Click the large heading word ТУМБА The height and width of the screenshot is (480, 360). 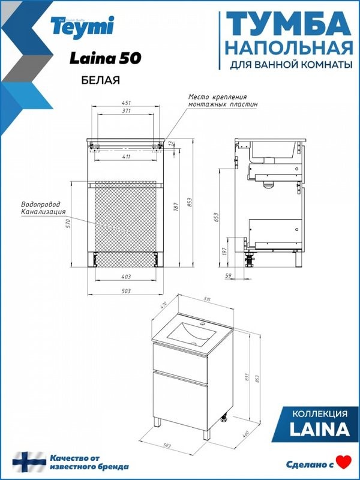(x=288, y=25)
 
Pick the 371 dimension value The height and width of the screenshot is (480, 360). (x=127, y=112)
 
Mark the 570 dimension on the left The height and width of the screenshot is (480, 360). (x=70, y=223)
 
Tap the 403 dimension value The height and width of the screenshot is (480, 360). (x=126, y=277)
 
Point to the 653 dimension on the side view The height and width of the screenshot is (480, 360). (x=216, y=217)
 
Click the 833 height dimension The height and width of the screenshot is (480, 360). (x=248, y=377)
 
